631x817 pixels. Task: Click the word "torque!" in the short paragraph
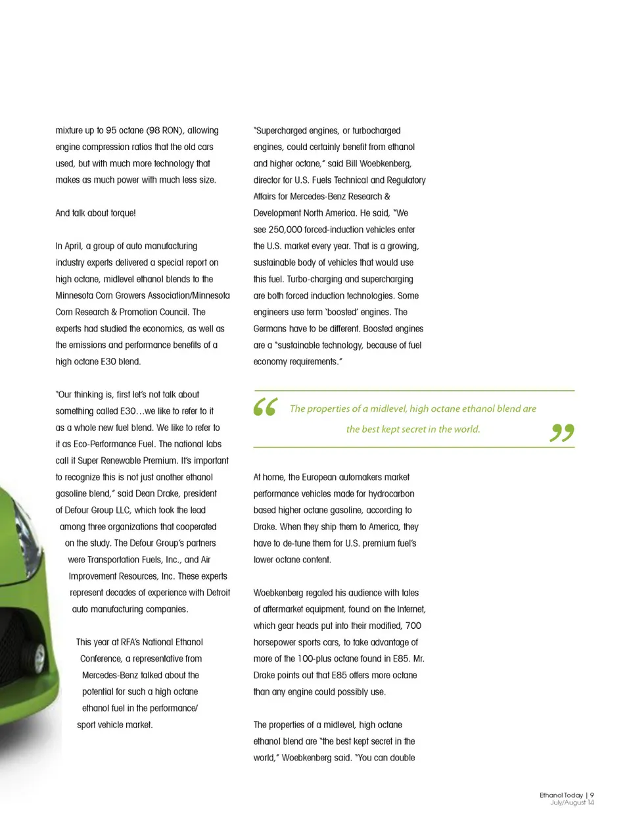pos(122,213)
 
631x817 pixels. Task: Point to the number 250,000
pos(285,230)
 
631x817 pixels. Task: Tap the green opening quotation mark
pos(266,407)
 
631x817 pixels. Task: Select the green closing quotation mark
pos(562,432)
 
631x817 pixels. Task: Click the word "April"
pos(73,246)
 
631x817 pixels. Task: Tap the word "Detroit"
pos(218,593)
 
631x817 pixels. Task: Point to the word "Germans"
pos(270,329)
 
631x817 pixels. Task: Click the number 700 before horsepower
pos(413,626)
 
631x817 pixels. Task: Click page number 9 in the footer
pos(592,795)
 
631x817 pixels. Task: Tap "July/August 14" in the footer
pos(572,803)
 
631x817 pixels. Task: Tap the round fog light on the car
pos(39,658)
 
